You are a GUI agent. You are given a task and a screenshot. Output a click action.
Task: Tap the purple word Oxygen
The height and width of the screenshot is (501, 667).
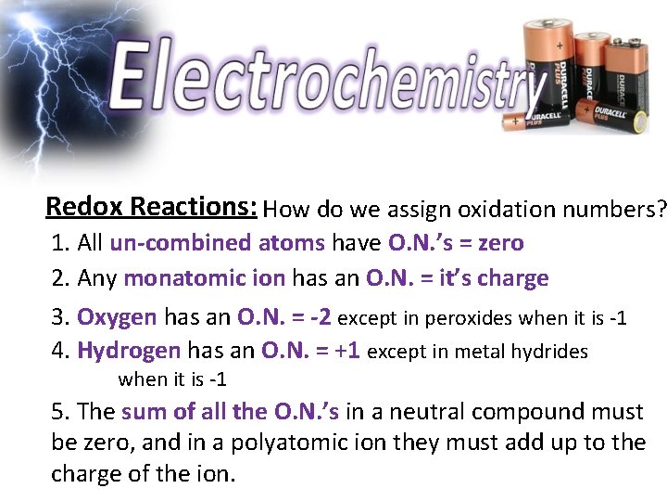pos(117,317)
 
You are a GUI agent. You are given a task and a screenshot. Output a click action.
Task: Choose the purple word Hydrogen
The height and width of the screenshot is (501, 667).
pos(129,351)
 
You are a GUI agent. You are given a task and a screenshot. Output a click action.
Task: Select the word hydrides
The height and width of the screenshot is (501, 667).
pos(551,352)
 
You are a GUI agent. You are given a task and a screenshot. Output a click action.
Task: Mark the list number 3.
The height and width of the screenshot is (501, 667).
pos(60,317)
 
